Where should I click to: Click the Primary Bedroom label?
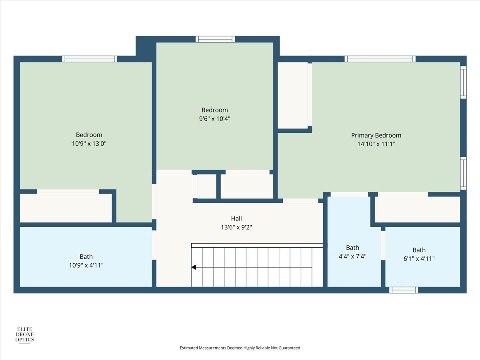coord(376,136)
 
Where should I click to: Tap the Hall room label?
coord(236,218)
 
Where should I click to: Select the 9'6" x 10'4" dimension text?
coord(214,119)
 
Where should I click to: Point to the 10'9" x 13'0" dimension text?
coord(89,144)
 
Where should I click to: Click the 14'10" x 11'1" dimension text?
coord(376,144)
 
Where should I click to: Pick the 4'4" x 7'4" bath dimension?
coord(352,256)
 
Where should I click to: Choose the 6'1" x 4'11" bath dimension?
coord(419,259)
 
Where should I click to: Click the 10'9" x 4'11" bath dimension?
coord(86,265)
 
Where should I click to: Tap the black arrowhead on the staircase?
coord(194,267)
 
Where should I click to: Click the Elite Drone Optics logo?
coord(25,335)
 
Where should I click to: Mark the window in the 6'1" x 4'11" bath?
coord(404,290)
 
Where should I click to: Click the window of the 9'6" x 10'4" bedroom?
coord(215,39)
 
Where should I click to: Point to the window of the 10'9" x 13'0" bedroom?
coord(90,59)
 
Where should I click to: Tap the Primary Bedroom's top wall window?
coord(380,59)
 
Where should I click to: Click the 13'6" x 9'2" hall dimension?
coord(236,227)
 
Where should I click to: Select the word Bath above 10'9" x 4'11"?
coord(86,256)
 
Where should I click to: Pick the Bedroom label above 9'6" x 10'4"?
coord(214,110)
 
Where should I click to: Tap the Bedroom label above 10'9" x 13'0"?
coord(89,135)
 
